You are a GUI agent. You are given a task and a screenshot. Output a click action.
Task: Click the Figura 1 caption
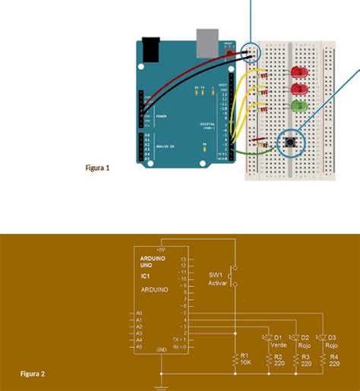(97, 168)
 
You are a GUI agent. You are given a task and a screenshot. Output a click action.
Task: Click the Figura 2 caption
(33, 374)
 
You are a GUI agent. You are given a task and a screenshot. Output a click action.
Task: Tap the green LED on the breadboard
(298, 106)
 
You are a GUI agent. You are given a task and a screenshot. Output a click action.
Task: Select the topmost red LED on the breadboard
(298, 73)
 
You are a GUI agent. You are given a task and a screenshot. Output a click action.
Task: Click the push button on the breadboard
(289, 141)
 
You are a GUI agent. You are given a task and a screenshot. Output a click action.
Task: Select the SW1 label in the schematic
(216, 274)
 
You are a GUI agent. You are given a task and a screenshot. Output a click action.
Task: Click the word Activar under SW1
(218, 282)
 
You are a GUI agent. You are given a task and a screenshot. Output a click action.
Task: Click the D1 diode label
(278, 337)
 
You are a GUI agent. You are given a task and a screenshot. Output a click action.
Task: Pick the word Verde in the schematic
(278, 345)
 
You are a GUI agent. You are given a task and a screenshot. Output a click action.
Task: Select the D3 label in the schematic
(332, 337)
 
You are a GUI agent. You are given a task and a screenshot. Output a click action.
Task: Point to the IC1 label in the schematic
(145, 276)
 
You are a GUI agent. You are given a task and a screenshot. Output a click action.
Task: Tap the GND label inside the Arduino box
(161, 350)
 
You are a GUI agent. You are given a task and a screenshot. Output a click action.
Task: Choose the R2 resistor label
(278, 356)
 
